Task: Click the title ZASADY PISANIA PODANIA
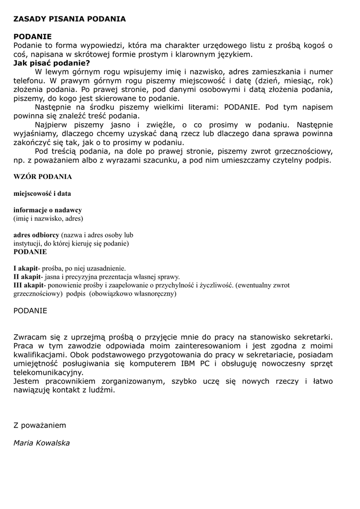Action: pos(70,19)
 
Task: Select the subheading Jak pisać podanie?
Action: pos(52,63)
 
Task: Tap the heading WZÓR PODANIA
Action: pos(43,176)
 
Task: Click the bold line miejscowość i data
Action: pos(42,193)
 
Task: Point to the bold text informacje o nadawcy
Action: pos(48,210)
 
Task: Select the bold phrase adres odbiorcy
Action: pos(36,235)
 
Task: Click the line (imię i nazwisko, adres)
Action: pos(48,219)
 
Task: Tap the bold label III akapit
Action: pos(29,285)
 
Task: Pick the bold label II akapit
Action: pos(27,277)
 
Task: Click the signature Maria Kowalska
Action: pos(42,443)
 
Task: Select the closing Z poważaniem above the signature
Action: pos(40,425)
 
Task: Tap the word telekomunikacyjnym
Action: pos(48,373)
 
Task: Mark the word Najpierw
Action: pos(52,125)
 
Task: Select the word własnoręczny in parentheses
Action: pos(152,294)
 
